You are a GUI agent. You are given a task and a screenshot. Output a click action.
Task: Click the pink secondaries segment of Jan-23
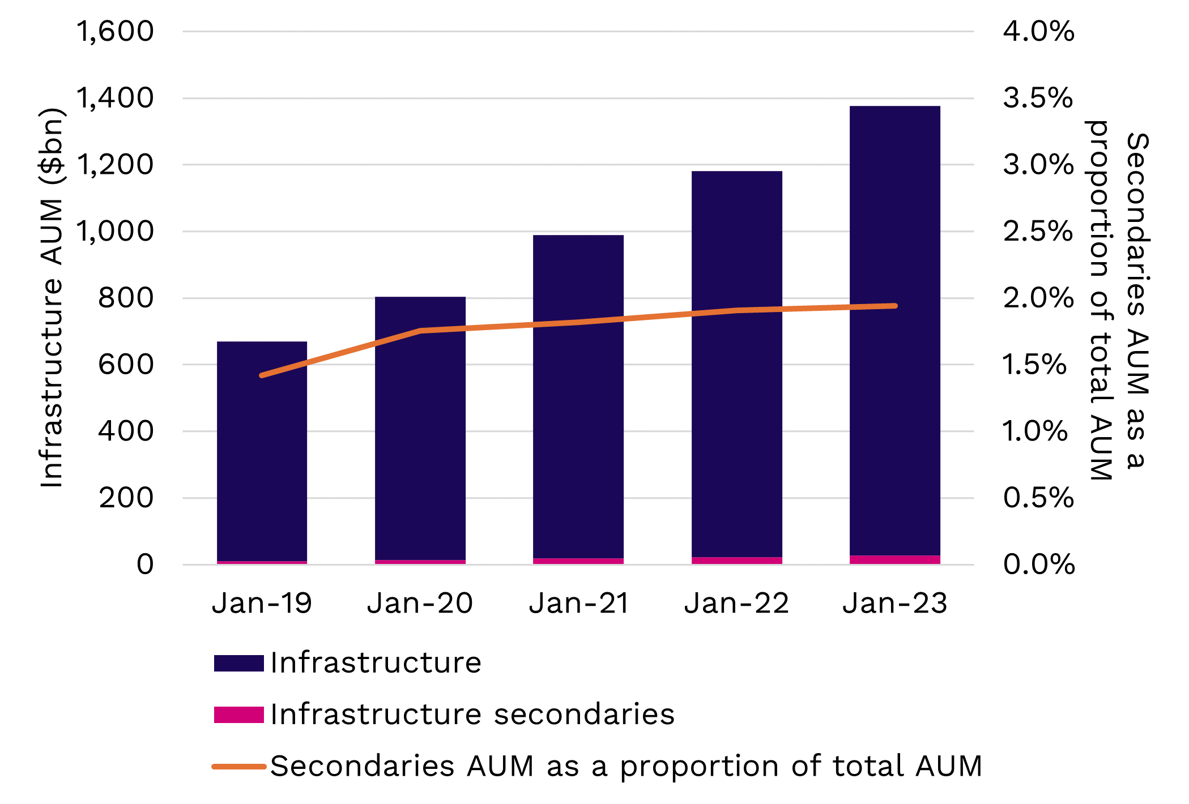point(895,560)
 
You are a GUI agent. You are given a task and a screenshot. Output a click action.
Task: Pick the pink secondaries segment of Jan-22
point(736,561)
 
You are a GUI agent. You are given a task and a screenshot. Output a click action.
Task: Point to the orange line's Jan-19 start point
point(262,375)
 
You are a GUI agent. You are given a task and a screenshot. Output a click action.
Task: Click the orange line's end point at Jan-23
point(895,306)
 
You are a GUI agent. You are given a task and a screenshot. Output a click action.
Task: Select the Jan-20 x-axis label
point(420,603)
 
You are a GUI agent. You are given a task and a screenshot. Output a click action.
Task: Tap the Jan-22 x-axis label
point(736,603)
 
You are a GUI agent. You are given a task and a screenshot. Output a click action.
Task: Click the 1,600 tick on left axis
point(115,31)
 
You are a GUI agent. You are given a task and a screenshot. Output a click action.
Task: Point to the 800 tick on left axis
point(126,298)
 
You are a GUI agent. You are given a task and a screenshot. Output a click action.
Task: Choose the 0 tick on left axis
point(145,564)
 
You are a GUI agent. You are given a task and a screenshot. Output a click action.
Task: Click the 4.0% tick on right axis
point(1038,31)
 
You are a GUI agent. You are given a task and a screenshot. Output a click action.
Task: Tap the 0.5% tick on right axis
point(1038,498)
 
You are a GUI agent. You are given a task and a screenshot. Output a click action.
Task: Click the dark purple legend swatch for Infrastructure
point(238,663)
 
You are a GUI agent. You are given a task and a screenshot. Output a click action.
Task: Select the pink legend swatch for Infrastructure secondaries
point(238,715)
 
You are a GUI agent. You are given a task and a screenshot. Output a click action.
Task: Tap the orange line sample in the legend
point(238,767)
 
